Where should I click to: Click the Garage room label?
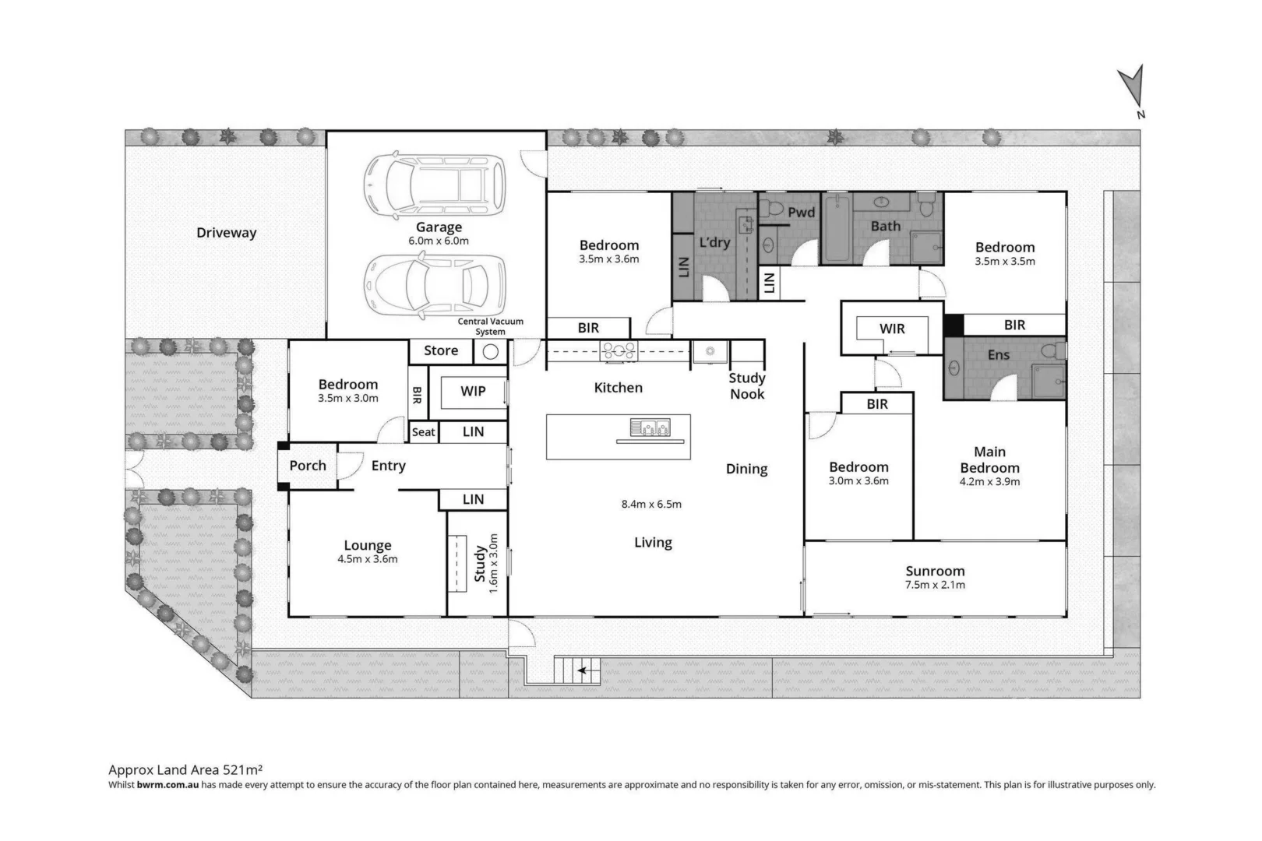pyautogui.click(x=439, y=227)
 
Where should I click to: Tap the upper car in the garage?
pyautogui.click(x=435, y=185)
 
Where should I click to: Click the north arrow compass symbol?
pyautogui.click(x=1133, y=88)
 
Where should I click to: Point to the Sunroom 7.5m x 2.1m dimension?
pyautogui.click(x=935, y=585)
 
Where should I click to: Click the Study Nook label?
pyautogui.click(x=746, y=385)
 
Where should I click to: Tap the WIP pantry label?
pyautogui.click(x=473, y=391)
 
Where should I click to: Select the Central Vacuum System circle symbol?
pyautogui.click(x=490, y=352)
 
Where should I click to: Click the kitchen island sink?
pyautogui.click(x=649, y=427)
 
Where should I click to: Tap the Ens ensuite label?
pyautogui.click(x=998, y=355)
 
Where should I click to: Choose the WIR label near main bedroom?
pyautogui.click(x=892, y=329)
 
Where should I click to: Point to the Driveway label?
pyautogui.click(x=226, y=233)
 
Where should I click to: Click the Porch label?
pyautogui.click(x=308, y=466)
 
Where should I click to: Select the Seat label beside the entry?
pyautogui.click(x=424, y=432)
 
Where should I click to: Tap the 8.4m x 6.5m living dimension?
pyautogui.click(x=651, y=505)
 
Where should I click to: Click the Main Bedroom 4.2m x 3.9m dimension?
pyautogui.click(x=989, y=482)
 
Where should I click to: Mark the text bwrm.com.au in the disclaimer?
pyautogui.click(x=167, y=785)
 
